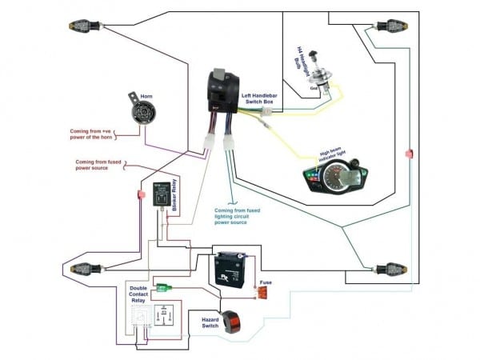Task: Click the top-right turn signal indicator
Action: click(x=390, y=26)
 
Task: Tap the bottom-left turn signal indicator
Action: click(x=86, y=268)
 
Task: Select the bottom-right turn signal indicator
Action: click(x=390, y=267)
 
